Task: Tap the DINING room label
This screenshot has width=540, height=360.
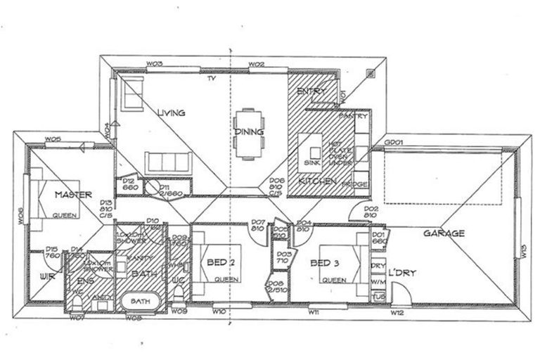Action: [250, 131]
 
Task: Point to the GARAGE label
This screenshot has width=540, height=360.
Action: [443, 233]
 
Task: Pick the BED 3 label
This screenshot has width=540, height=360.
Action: [326, 263]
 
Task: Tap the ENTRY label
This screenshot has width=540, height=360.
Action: [309, 92]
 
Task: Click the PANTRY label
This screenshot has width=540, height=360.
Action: [353, 117]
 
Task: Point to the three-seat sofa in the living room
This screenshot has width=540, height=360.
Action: [169, 162]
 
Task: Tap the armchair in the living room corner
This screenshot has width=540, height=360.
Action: [131, 94]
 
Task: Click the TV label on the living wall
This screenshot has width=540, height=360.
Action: [210, 78]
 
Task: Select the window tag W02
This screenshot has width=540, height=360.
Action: [257, 65]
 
